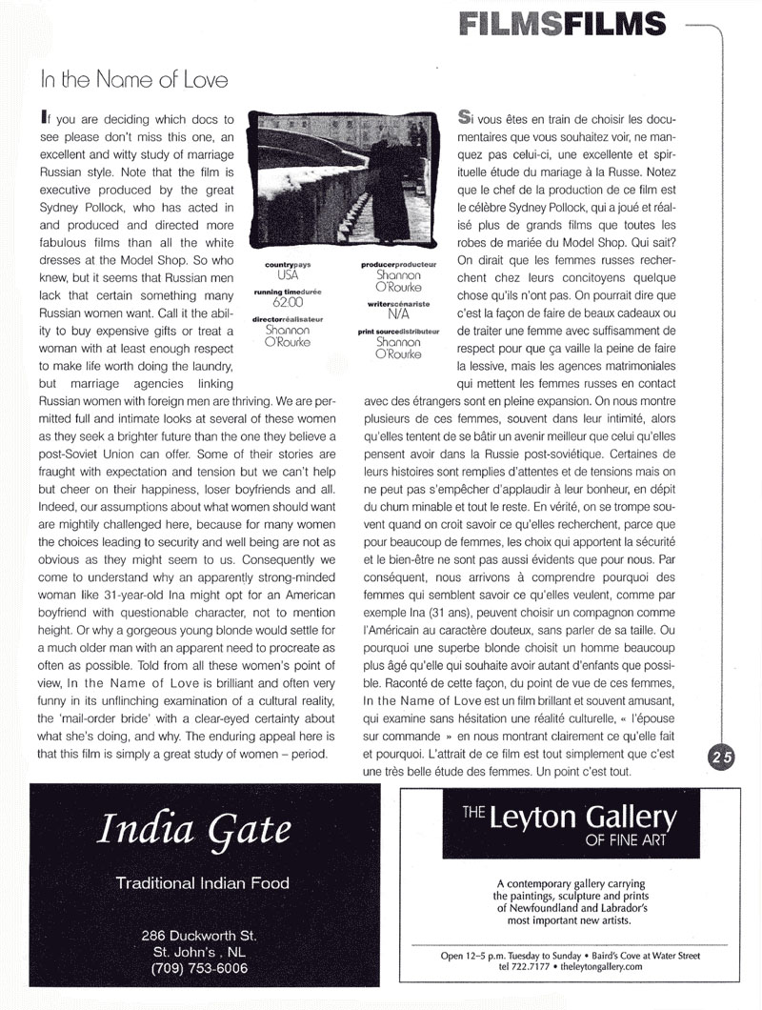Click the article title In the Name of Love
(x=134, y=80)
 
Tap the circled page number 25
(x=721, y=757)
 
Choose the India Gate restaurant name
(x=193, y=832)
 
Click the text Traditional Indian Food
(x=202, y=883)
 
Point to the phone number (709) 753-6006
(x=199, y=968)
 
